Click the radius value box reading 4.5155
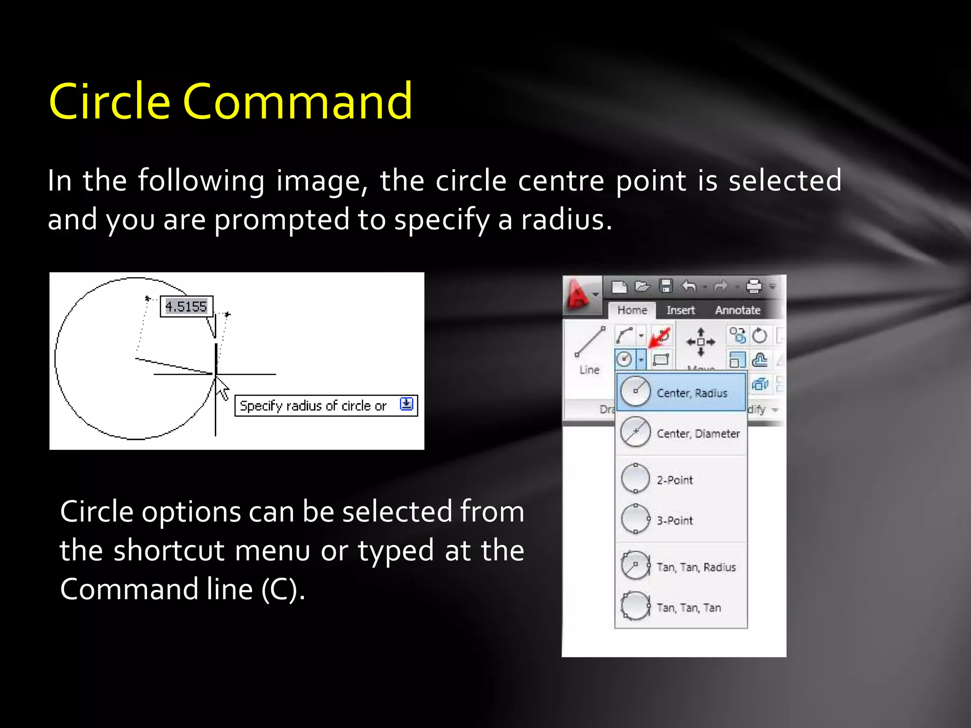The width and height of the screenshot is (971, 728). coord(186,306)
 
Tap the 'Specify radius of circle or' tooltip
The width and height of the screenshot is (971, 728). coord(313,406)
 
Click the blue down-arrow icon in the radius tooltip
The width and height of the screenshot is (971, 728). coord(406,404)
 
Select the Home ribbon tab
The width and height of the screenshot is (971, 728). coord(632,310)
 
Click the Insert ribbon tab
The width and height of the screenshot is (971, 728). coord(680,310)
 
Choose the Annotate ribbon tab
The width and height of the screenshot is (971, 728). coord(737,310)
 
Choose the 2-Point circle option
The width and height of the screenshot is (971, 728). coord(674,480)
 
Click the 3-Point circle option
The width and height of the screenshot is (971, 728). coord(674,520)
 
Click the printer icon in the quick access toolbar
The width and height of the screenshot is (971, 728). coord(753,286)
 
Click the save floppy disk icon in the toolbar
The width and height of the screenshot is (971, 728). coord(666,286)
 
